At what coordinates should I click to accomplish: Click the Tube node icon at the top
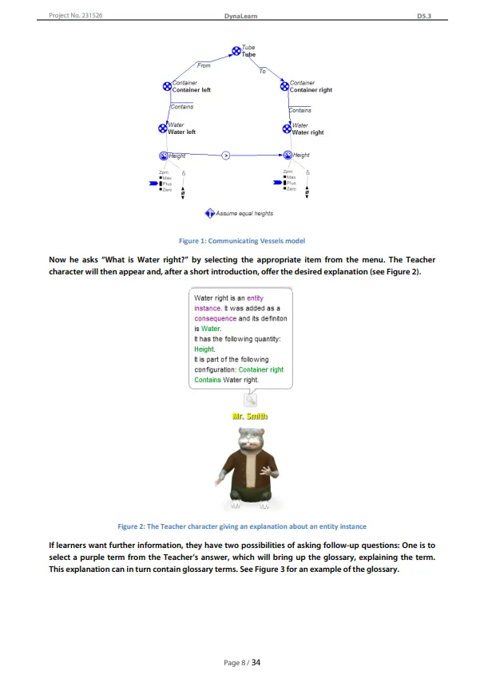coord(236,51)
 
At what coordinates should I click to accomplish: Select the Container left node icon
coord(167,86)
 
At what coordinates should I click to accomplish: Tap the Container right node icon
coord(284,86)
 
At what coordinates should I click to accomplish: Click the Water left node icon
coord(162,128)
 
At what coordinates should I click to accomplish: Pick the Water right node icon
coord(287,128)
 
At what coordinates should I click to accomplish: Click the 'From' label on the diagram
coord(204,65)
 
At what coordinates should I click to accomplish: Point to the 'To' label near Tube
coord(262,72)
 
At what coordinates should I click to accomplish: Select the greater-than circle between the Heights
coord(225,155)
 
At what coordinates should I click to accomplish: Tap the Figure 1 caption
coord(244,241)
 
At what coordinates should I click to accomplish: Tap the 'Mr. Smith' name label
coord(249,416)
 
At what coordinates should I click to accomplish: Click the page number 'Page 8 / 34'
coord(244,661)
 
